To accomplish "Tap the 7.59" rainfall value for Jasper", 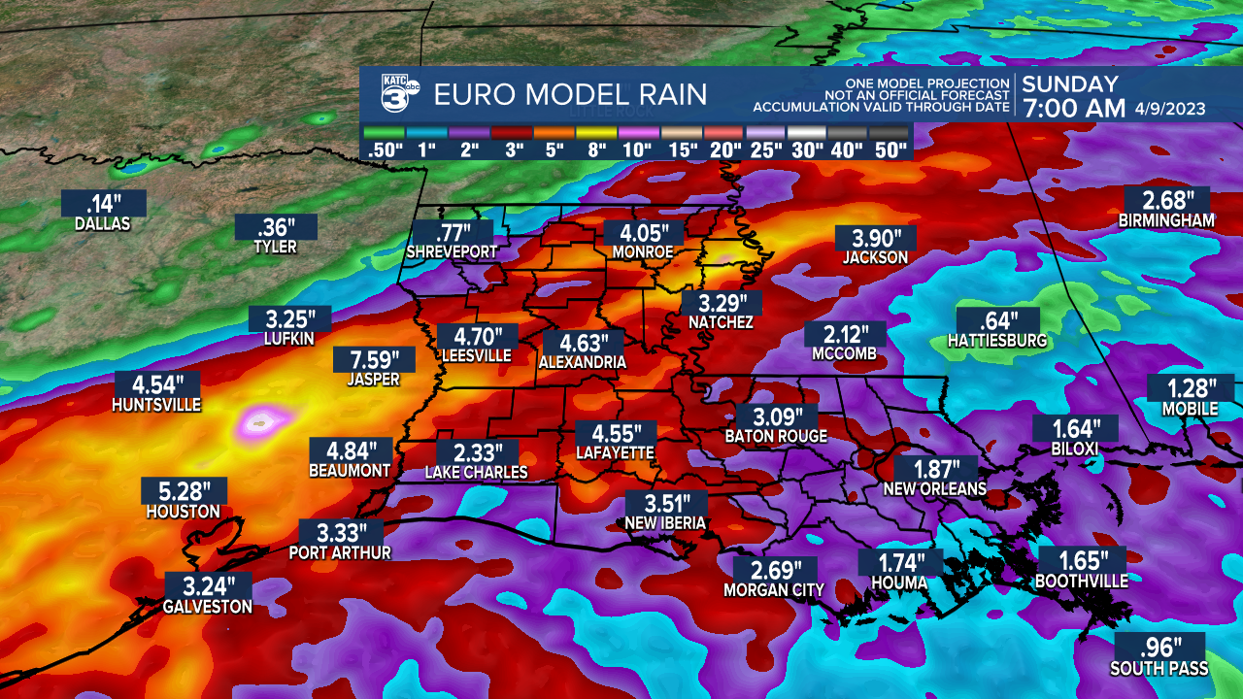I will pos(373,360).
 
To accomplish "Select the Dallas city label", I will pos(102,224).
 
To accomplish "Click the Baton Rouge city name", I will pos(776,437).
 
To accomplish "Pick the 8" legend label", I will pos(596,150).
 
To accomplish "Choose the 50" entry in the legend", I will pos(889,150).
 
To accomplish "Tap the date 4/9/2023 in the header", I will pos(1170,109).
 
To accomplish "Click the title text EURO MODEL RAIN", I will pos(570,94).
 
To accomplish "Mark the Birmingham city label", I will pos(1166,221).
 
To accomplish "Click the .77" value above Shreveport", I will pos(452,233).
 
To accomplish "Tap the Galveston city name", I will pos(208,607).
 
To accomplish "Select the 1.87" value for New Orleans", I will pos(935,469).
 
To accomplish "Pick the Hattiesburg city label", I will pos(997,341).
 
